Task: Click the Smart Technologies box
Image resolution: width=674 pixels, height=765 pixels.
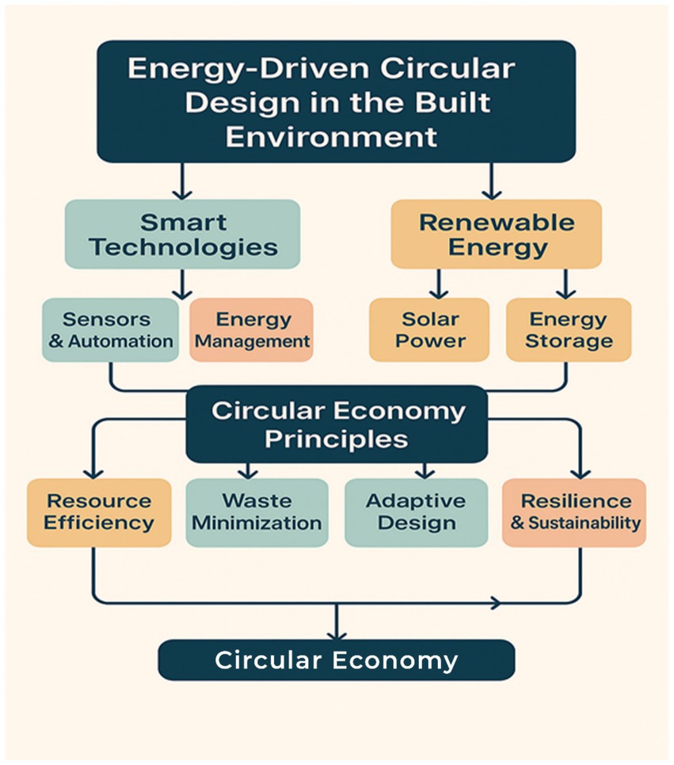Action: [182, 234]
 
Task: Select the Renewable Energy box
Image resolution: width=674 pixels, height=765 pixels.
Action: [497, 234]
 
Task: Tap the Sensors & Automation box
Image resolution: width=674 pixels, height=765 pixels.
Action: [110, 329]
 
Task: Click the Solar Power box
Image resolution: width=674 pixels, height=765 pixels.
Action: [429, 329]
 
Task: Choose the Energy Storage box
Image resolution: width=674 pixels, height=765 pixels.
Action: [569, 329]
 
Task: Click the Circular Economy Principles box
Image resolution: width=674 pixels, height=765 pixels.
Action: [337, 424]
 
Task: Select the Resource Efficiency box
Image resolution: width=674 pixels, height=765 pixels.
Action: [98, 512]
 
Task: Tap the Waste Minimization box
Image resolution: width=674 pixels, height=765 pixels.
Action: [257, 512]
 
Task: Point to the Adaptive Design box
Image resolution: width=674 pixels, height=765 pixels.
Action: [416, 512]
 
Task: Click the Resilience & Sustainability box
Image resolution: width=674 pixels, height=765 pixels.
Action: [574, 512]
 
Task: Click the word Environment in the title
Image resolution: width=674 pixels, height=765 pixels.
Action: [331, 135]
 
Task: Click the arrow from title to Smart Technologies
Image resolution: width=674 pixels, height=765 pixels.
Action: [182, 181]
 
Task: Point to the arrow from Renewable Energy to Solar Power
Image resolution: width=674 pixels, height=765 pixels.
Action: [436, 283]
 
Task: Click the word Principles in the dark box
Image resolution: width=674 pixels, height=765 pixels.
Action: [337, 439]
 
